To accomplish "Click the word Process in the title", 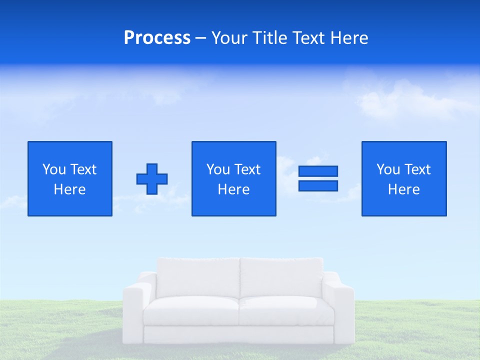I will coord(157,38).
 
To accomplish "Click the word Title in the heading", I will coord(269,38).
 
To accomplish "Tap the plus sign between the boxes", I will coord(152,179).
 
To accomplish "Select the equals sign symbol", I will coord(318,178).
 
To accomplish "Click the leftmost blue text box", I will coord(70,178).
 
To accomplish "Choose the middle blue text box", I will coord(233,178).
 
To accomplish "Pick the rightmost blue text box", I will coord(404,178).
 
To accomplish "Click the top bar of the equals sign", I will coord(318,171).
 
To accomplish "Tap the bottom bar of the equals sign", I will coord(318,186).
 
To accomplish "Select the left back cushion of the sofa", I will coord(198,277).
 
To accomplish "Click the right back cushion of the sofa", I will coord(281,277).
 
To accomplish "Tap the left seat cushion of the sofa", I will coord(191,311).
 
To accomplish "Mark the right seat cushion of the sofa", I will coord(286,311).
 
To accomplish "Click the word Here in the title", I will coord(349,38).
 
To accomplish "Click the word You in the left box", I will coord(54,169).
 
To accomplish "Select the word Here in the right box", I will coord(404,189).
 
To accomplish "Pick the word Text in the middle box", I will coord(247,169).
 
